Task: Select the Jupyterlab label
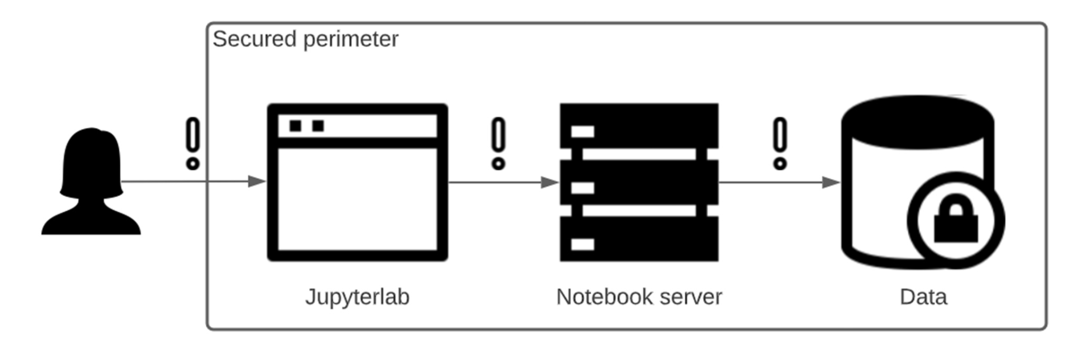pos(357,297)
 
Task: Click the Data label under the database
pos(923,297)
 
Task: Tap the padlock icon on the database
pos(956,220)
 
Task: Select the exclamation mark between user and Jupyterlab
pos(193,143)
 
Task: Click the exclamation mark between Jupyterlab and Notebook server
pos(498,143)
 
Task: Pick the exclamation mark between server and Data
pos(780,143)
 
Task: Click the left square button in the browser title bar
pos(296,126)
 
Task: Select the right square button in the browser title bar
pos(318,126)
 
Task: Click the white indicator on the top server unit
pos(582,132)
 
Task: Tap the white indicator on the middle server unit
pos(582,188)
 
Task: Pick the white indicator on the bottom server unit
pos(582,244)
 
